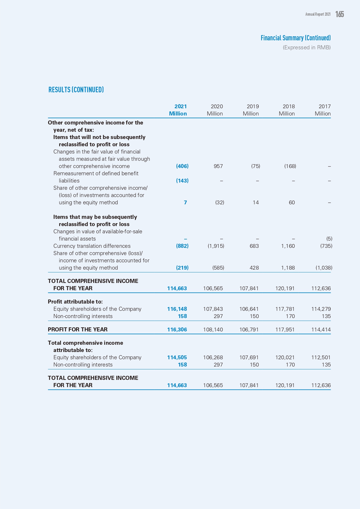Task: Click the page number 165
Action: click(x=339, y=14)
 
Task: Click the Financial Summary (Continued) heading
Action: click(x=295, y=38)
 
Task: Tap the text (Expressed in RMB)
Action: click(x=307, y=48)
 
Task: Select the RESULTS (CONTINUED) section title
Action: click(x=76, y=90)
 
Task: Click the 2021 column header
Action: click(x=180, y=107)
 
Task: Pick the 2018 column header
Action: click(x=288, y=107)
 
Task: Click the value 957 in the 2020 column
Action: click(x=218, y=166)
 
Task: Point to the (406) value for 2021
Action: click(x=182, y=166)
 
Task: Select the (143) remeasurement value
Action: click(x=182, y=181)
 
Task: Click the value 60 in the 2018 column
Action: click(x=292, y=203)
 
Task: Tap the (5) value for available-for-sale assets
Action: click(x=329, y=239)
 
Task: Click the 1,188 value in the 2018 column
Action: click(x=288, y=268)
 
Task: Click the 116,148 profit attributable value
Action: click(x=177, y=309)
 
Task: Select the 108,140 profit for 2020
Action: click(x=213, y=330)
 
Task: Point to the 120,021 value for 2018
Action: click(x=285, y=358)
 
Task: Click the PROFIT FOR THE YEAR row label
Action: click(x=78, y=330)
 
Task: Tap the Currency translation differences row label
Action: click(x=92, y=246)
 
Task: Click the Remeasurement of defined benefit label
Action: click(x=96, y=174)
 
